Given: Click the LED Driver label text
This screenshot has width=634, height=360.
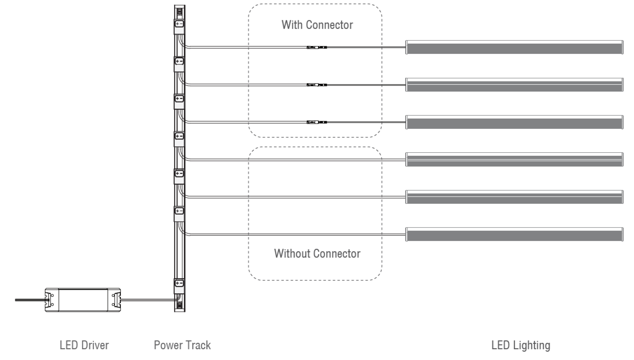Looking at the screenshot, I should (x=84, y=345).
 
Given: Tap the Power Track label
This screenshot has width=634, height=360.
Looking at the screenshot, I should (x=182, y=345).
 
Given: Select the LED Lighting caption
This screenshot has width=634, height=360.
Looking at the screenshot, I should (x=521, y=345).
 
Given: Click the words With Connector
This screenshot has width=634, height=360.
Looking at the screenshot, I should (x=317, y=25).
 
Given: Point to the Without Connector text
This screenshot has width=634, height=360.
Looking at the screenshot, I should (x=317, y=254).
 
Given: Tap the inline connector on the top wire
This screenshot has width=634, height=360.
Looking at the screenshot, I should (x=317, y=47).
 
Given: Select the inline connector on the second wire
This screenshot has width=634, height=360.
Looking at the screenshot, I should (x=317, y=85).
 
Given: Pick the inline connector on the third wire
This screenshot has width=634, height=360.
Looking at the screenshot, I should (x=317, y=122).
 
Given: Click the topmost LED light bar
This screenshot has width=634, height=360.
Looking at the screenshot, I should (x=514, y=47).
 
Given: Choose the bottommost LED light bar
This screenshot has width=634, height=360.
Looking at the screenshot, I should (x=514, y=234).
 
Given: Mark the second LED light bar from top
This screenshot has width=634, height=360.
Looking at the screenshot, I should (x=514, y=85).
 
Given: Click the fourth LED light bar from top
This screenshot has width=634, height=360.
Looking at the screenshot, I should (x=514, y=160).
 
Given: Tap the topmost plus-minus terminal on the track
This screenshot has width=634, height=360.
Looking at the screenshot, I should (x=179, y=24).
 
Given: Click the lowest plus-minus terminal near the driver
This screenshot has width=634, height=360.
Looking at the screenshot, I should (x=179, y=283).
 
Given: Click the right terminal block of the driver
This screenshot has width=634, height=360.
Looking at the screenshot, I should (x=116, y=300).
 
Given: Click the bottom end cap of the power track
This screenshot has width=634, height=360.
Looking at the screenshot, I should (x=179, y=305).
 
